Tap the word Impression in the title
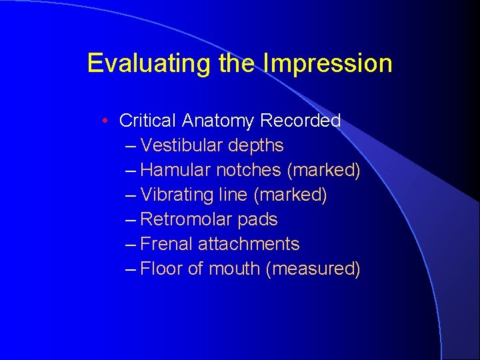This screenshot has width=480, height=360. [328, 63]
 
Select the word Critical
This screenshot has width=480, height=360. [148, 121]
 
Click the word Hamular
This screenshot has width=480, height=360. [176, 170]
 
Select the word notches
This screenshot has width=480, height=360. [249, 170]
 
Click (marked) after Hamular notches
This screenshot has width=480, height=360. [323, 171]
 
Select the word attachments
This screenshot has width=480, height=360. [249, 245]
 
